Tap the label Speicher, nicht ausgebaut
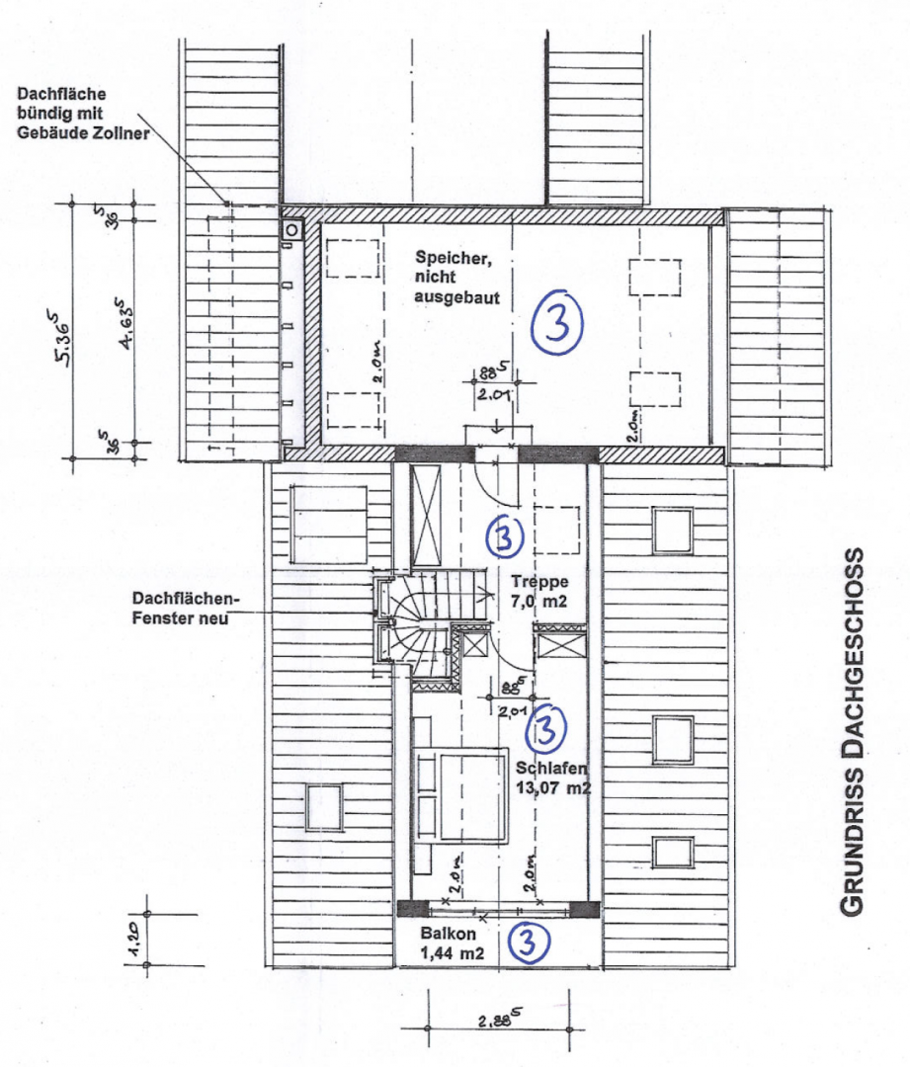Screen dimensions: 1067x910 (x=455, y=277)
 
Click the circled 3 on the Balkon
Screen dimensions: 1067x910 (x=527, y=943)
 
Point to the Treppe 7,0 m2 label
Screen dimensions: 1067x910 (x=536, y=590)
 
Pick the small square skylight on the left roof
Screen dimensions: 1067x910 (x=323, y=806)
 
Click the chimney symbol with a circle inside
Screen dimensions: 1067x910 (x=292, y=230)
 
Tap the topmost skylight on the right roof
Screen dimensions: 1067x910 (x=673, y=530)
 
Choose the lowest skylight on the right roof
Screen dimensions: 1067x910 (x=673, y=852)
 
